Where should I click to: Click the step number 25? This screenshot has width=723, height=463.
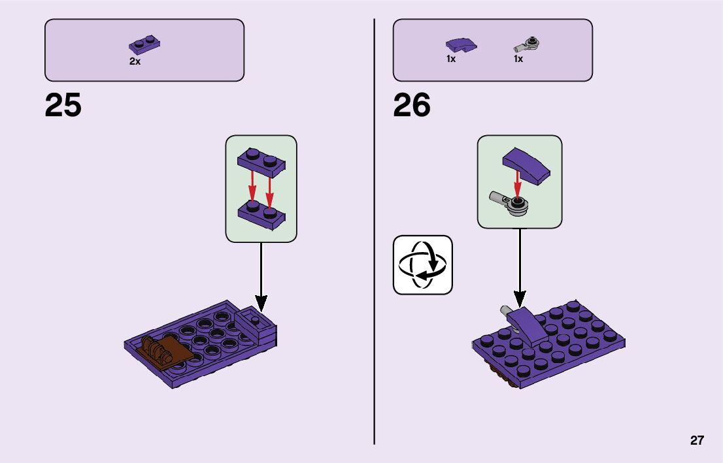(x=63, y=105)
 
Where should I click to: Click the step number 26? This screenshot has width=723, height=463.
(x=412, y=105)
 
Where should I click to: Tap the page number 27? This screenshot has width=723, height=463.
(x=697, y=441)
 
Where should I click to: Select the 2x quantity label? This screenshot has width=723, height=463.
(x=135, y=61)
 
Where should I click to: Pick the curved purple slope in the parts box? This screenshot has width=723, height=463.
(x=461, y=45)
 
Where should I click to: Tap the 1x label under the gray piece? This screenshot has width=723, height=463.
(x=518, y=59)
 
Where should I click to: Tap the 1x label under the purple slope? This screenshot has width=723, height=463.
(x=451, y=59)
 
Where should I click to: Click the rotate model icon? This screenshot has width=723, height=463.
(x=422, y=265)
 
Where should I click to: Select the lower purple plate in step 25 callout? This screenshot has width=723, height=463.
(x=261, y=214)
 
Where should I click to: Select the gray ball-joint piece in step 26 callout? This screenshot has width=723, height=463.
(x=513, y=201)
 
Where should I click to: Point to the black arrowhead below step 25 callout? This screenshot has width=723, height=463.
(x=261, y=303)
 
